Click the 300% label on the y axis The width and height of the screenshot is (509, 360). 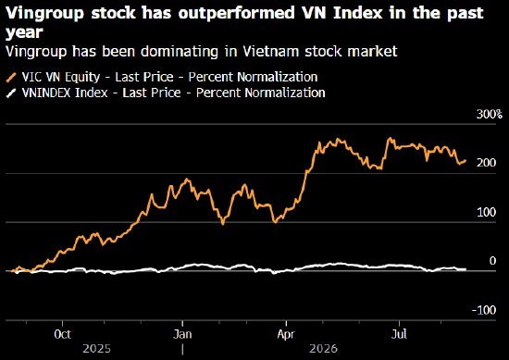pos(490,114)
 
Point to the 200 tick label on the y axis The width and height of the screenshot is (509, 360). pos(486,163)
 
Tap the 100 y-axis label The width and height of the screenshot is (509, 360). pos(486,213)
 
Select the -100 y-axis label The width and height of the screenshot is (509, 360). pos(484,310)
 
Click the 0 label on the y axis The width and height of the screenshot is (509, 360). pos(492,261)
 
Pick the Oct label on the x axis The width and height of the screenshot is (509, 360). pos(62,334)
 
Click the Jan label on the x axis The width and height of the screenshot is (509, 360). pos(182,334)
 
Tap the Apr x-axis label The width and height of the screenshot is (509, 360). pos(286,334)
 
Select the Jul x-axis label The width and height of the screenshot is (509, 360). pos(399,334)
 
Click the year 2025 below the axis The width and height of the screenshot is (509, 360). pos(97,349)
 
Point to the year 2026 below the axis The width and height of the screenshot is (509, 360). pos(323,349)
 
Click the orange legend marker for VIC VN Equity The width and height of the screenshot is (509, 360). pos(11,78)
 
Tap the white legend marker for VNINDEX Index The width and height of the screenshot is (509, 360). pos(11,93)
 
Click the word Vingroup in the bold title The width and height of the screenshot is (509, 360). pos(45,13)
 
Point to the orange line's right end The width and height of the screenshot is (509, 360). pos(466,160)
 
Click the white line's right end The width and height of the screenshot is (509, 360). pos(466,269)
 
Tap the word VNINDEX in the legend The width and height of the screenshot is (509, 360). pos(47,93)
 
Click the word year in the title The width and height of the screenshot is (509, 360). pos(24,33)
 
